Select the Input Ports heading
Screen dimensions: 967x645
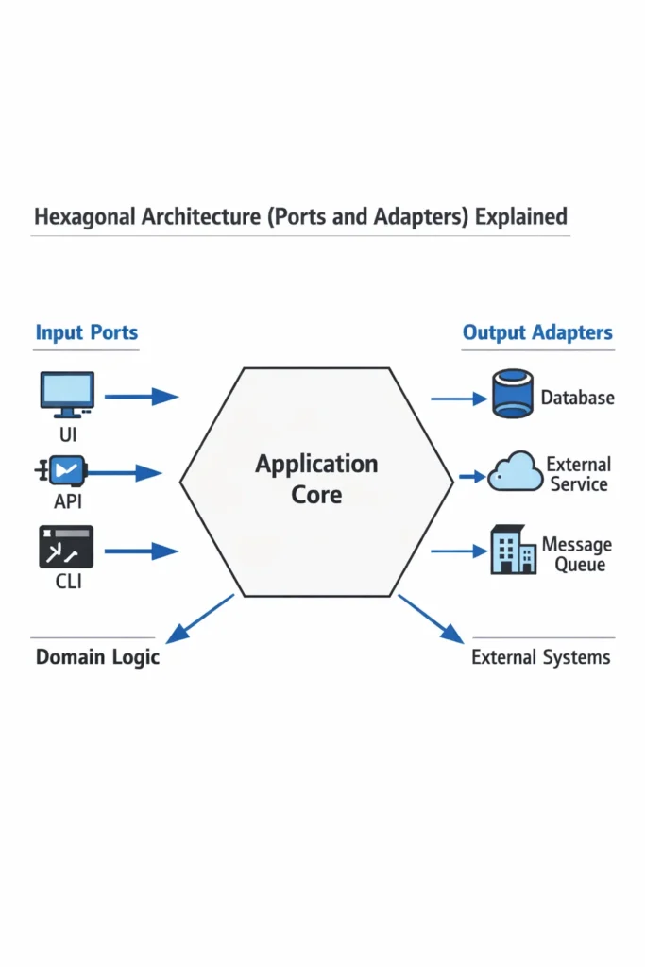point(86,332)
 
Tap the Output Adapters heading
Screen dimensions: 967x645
point(537,332)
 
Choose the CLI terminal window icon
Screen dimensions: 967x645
point(66,547)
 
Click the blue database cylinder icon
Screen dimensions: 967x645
point(514,394)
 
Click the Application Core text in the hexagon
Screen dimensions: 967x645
point(316,479)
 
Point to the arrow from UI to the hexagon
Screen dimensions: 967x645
point(141,397)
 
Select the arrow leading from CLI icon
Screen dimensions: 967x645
point(141,550)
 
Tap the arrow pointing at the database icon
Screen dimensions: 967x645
point(459,398)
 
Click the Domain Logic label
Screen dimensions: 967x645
point(97,657)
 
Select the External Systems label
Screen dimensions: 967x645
point(540,657)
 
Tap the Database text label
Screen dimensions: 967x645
point(577,398)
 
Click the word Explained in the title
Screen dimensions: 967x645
point(521,216)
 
